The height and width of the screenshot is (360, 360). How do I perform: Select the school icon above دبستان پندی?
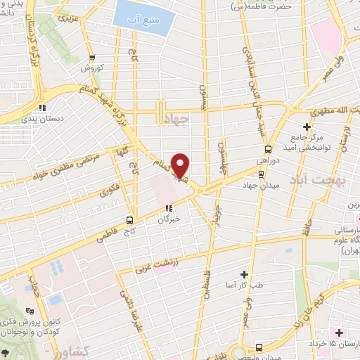pos(42,108)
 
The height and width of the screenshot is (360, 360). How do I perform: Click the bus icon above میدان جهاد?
pos(261,175)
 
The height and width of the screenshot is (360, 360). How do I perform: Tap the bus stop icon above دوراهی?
pos(267,148)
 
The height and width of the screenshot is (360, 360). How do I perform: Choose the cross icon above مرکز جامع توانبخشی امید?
pos(307,125)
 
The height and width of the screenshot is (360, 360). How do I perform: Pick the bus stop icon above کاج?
pos(131,219)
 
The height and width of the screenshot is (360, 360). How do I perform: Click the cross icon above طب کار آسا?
pos(243,274)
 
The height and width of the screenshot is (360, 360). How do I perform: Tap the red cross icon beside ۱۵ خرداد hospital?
pos(340,332)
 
